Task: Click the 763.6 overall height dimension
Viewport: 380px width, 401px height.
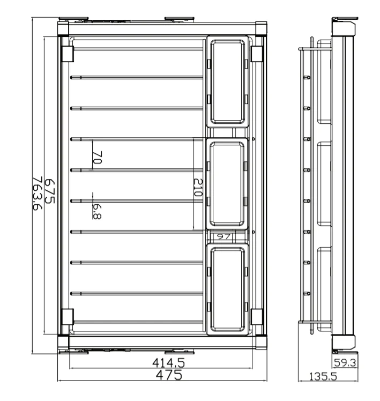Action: (x=38, y=193)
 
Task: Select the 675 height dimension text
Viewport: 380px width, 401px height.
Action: (x=50, y=191)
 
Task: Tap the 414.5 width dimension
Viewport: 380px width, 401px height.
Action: (x=168, y=362)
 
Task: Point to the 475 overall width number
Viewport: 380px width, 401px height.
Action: (x=169, y=375)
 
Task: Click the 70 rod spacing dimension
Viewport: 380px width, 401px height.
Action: (x=98, y=157)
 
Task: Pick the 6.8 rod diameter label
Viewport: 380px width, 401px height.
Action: (x=97, y=212)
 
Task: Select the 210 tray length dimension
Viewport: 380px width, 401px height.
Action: (x=198, y=188)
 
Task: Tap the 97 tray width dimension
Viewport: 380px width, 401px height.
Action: (x=223, y=236)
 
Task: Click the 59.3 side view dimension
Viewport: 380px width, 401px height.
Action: (x=345, y=362)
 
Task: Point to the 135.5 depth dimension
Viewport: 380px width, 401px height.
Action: (x=323, y=376)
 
